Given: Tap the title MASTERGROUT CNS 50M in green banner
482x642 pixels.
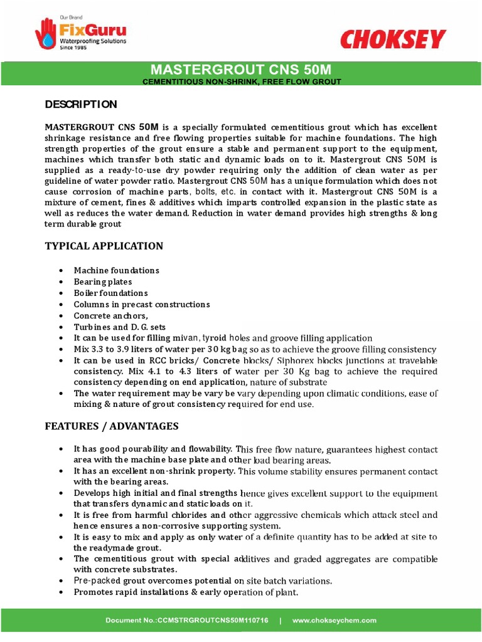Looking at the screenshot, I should coord(241,69).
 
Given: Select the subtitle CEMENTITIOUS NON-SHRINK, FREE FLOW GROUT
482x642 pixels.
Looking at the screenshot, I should coord(241,82).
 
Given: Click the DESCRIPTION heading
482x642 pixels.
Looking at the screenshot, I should coord(81,104).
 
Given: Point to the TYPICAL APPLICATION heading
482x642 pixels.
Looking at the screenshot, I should coord(104,246).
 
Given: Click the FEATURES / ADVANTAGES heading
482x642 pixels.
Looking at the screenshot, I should coord(112,426).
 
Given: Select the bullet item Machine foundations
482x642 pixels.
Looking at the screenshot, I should coord(116,270).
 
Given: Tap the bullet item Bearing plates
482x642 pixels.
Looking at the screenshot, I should coord(103,282).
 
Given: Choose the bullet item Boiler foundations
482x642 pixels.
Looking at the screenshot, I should coord(110,293).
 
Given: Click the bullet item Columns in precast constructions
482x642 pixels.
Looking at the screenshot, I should coord(141,304).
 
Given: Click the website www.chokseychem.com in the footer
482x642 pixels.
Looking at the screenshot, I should coord(335,620).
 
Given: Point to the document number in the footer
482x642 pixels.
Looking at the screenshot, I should coord(186,620).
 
